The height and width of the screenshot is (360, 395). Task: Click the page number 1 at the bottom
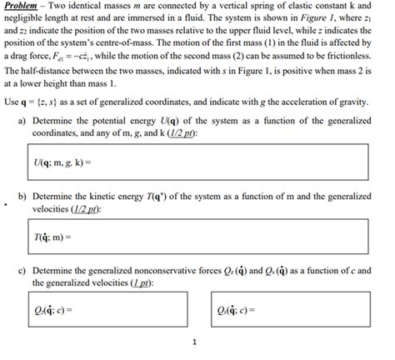pyautogui.click(x=193, y=342)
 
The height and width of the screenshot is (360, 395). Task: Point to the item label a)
pyautogui.click(x=21, y=119)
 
